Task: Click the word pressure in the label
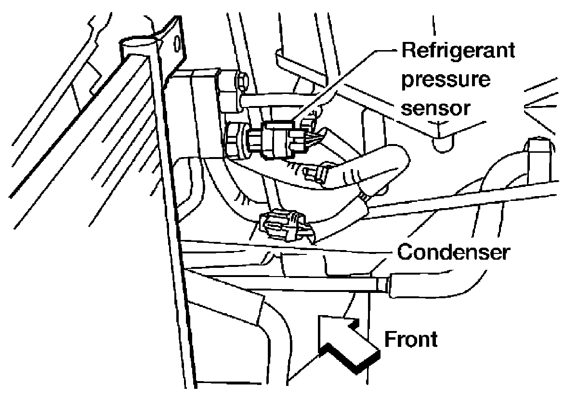(x=446, y=80)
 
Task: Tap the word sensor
(x=436, y=108)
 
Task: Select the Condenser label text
(x=454, y=251)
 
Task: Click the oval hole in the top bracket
(x=177, y=44)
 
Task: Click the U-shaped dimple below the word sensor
(x=443, y=144)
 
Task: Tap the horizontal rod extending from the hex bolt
(x=279, y=101)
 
